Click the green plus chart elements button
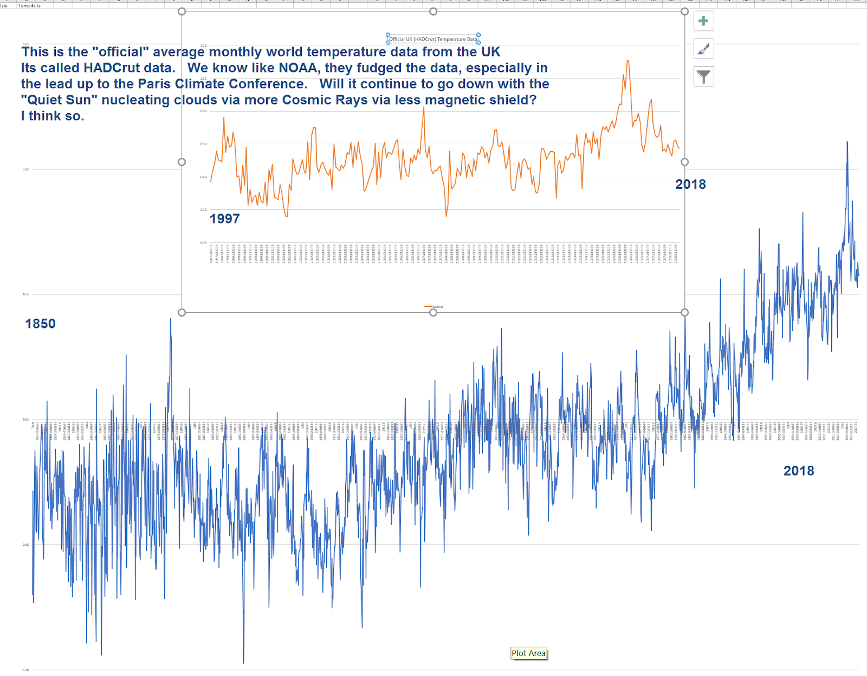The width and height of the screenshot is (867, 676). click(703, 21)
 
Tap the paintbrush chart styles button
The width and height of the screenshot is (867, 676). click(703, 49)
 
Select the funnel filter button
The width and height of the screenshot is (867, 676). click(703, 76)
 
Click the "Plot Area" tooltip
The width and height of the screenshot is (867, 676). click(528, 653)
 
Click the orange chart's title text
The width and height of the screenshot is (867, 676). click(433, 39)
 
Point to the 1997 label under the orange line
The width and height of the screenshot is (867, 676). click(224, 218)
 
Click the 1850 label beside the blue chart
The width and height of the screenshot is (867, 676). click(40, 324)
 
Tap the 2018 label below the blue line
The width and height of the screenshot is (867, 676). click(798, 471)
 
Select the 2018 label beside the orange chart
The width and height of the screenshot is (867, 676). click(690, 184)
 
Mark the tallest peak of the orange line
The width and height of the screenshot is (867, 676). click(627, 61)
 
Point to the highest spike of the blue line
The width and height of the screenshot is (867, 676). click(847, 142)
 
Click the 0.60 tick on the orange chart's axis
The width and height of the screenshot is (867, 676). click(203, 144)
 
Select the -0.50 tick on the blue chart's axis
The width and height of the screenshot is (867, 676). click(25, 545)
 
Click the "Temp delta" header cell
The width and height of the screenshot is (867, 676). click(29, 5)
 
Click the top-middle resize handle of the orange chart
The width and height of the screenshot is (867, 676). click(433, 11)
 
